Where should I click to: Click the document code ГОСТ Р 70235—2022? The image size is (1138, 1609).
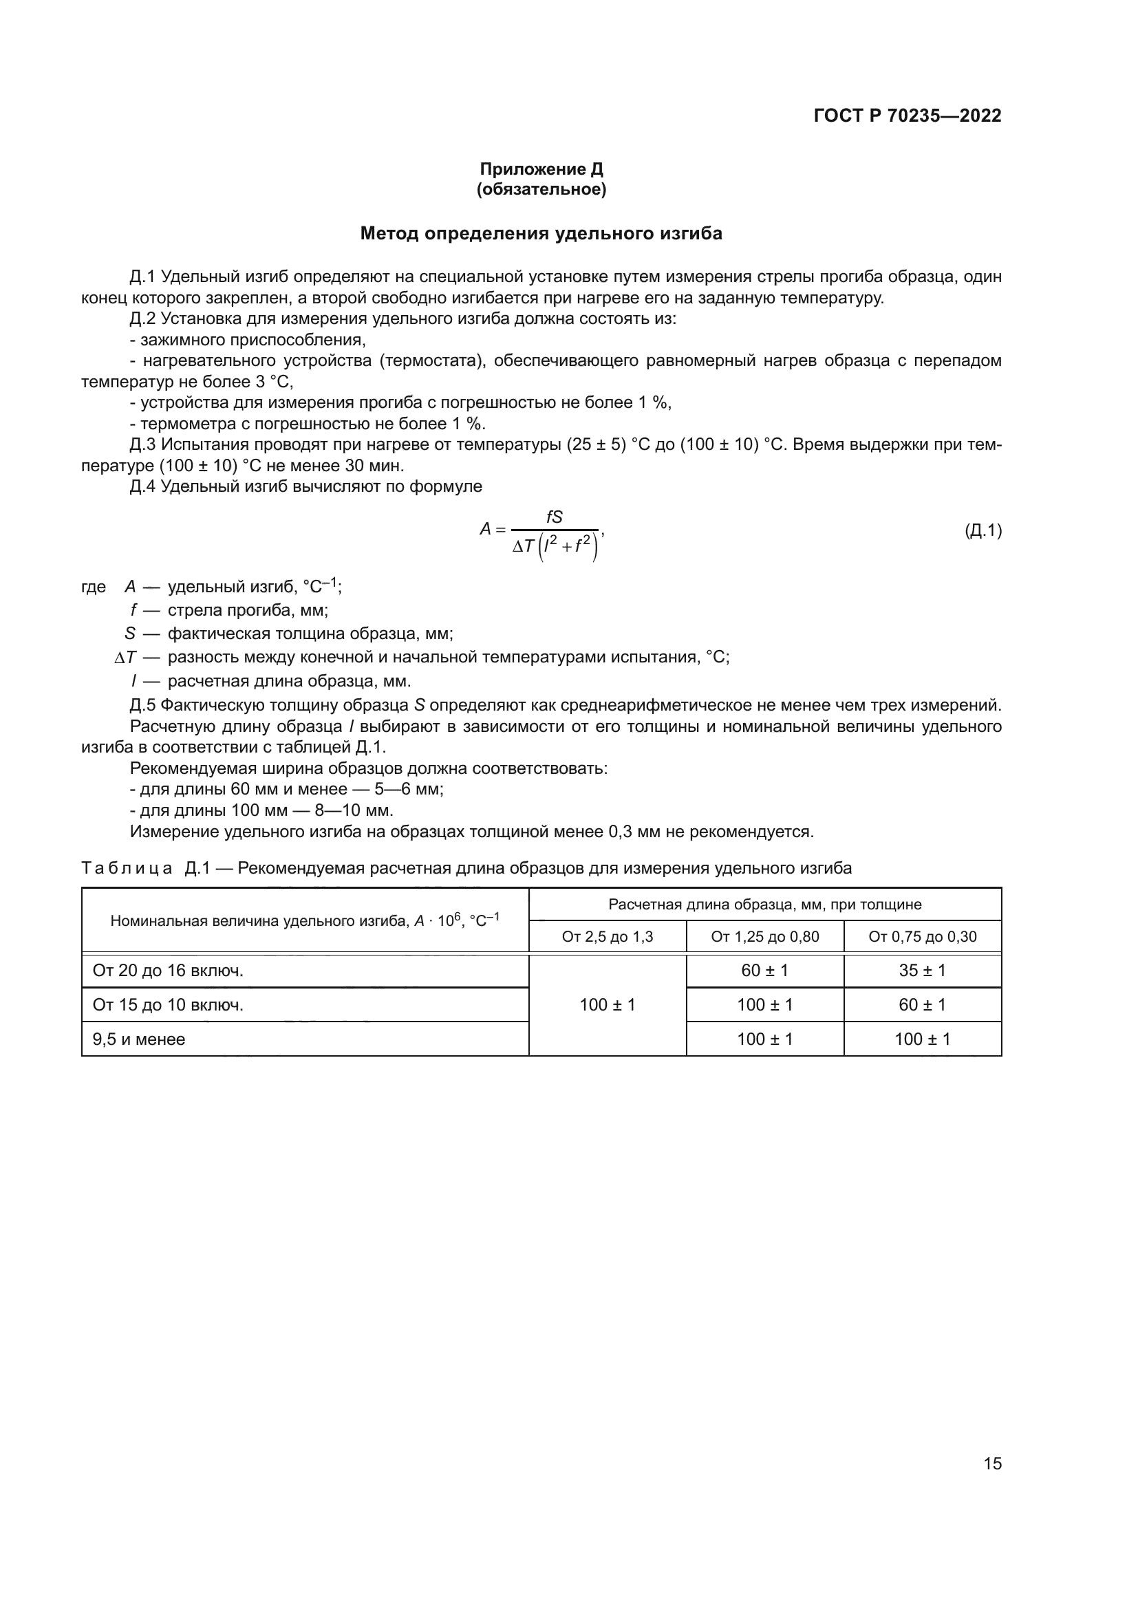907,116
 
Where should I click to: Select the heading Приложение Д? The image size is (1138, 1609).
541,169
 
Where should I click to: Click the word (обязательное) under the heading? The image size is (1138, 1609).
541,189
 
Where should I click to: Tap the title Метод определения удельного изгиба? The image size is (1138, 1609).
541,233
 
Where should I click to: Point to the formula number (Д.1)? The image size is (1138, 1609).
983,530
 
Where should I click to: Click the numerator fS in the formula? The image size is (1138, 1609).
554,517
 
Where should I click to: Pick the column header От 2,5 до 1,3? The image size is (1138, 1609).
607,937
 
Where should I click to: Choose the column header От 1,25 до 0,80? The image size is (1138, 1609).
764,937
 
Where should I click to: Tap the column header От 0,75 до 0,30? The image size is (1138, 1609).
922,937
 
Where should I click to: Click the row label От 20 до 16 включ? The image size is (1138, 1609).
168,971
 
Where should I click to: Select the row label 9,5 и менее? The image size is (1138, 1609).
139,1039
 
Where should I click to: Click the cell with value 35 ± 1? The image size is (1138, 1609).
922,971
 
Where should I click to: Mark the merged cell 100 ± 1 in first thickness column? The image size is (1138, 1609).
607,1005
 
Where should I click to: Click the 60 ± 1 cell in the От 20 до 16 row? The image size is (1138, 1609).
764,971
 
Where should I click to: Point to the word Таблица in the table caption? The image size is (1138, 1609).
127,868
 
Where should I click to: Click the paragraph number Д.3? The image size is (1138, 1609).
144,445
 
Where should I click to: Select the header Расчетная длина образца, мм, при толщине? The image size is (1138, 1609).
764,905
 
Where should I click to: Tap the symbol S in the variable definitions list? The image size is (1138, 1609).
129,634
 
